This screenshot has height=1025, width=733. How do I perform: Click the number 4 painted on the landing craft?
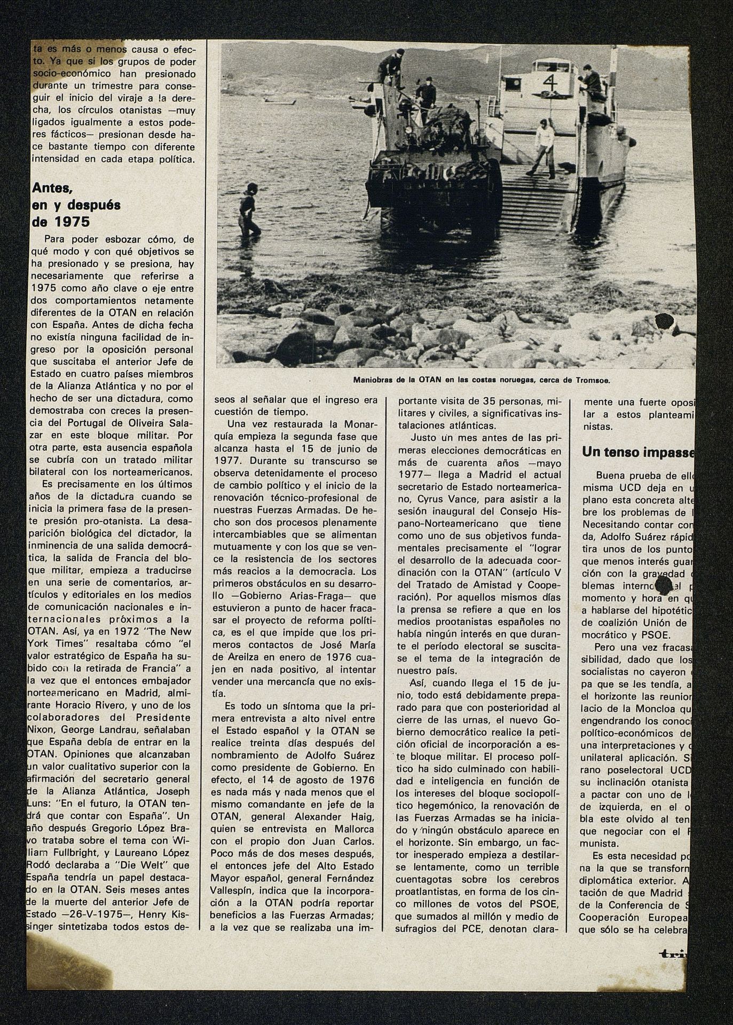[549, 81]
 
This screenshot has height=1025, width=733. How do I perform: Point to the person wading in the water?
[250, 209]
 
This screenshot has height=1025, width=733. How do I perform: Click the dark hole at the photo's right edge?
[665, 322]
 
